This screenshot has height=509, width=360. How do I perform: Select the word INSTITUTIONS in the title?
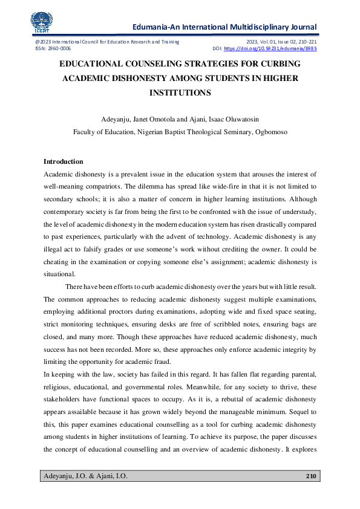coord(180,92)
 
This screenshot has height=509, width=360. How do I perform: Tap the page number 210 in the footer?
coord(311,477)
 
